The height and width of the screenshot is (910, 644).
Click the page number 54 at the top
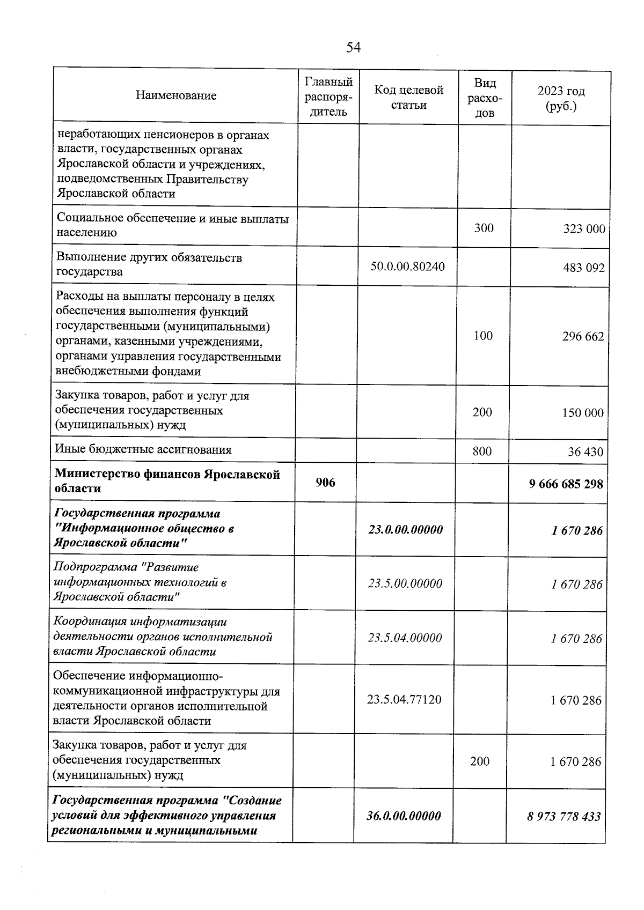(x=353, y=48)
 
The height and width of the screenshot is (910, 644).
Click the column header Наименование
(x=176, y=95)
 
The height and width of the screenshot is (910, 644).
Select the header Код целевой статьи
(x=408, y=97)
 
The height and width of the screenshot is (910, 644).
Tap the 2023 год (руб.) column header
(x=561, y=98)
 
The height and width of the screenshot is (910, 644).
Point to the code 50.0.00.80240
(x=407, y=266)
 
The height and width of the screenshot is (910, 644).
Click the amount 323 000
(x=584, y=229)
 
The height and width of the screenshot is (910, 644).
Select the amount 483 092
(x=584, y=268)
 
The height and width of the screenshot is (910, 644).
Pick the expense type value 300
(x=484, y=228)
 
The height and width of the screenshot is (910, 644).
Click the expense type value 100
(x=483, y=336)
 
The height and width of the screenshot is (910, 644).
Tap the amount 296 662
(x=583, y=336)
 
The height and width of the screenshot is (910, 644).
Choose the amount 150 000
(x=583, y=413)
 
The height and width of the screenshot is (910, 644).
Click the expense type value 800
(x=482, y=451)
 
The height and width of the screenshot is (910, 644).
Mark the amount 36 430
(x=586, y=452)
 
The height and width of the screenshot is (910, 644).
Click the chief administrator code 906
(x=325, y=482)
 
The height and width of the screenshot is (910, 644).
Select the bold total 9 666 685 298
(x=566, y=484)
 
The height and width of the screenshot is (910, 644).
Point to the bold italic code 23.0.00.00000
(x=406, y=530)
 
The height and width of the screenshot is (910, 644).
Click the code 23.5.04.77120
(x=404, y=699)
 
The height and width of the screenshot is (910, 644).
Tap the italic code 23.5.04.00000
(x=405, y=638)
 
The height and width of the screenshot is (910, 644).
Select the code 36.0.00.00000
(x=404, y=816)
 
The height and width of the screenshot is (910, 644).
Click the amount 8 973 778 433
(x=563, y=817)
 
